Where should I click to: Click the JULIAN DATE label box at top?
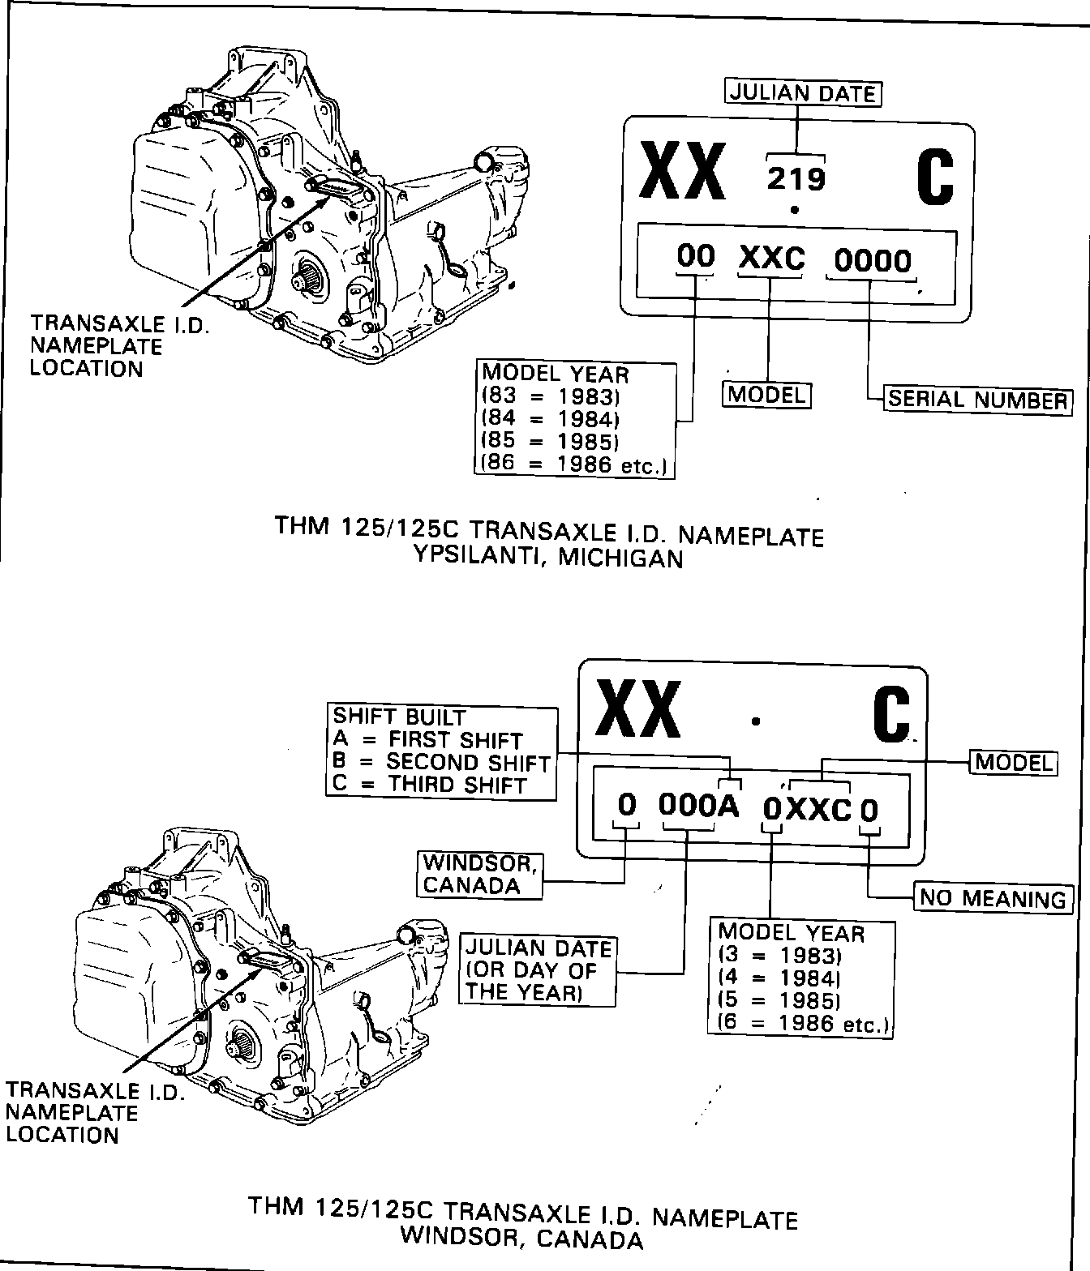[x=802, y=93]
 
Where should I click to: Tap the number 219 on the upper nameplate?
[x=796, y=178]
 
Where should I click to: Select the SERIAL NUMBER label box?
[x=976, y=400]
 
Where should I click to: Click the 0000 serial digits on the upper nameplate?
[x=873, y=261]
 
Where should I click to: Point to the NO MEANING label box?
[x=993, y=898]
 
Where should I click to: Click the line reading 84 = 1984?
[x=551, y=419]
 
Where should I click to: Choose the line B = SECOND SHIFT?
[x=442, y=763]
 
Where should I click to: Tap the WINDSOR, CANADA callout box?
[x=479, y=874]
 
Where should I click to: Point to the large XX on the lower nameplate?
[x=637, y=709]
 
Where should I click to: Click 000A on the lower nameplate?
[x=698, y=806]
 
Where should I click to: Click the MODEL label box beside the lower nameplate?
[x=1014, y=762]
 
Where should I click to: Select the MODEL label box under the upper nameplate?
[x=766, y=395]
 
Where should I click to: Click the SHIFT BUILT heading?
[x=399, y=717]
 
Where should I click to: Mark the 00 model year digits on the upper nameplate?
[x=696, y=257]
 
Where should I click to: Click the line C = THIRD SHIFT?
[x=430, y=785]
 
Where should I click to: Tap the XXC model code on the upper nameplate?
[x=771, y=259]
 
